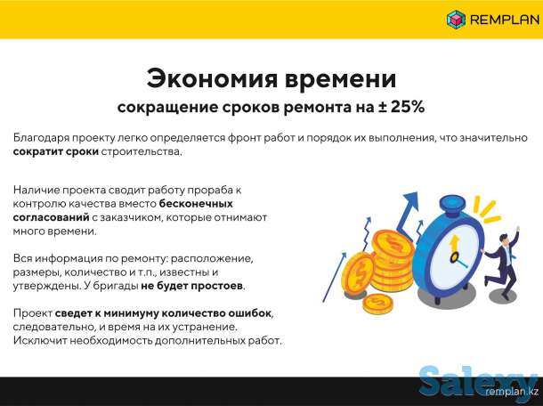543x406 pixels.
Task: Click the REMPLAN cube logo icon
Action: click(455, 19)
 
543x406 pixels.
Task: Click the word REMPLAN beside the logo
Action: click(499, 19)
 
